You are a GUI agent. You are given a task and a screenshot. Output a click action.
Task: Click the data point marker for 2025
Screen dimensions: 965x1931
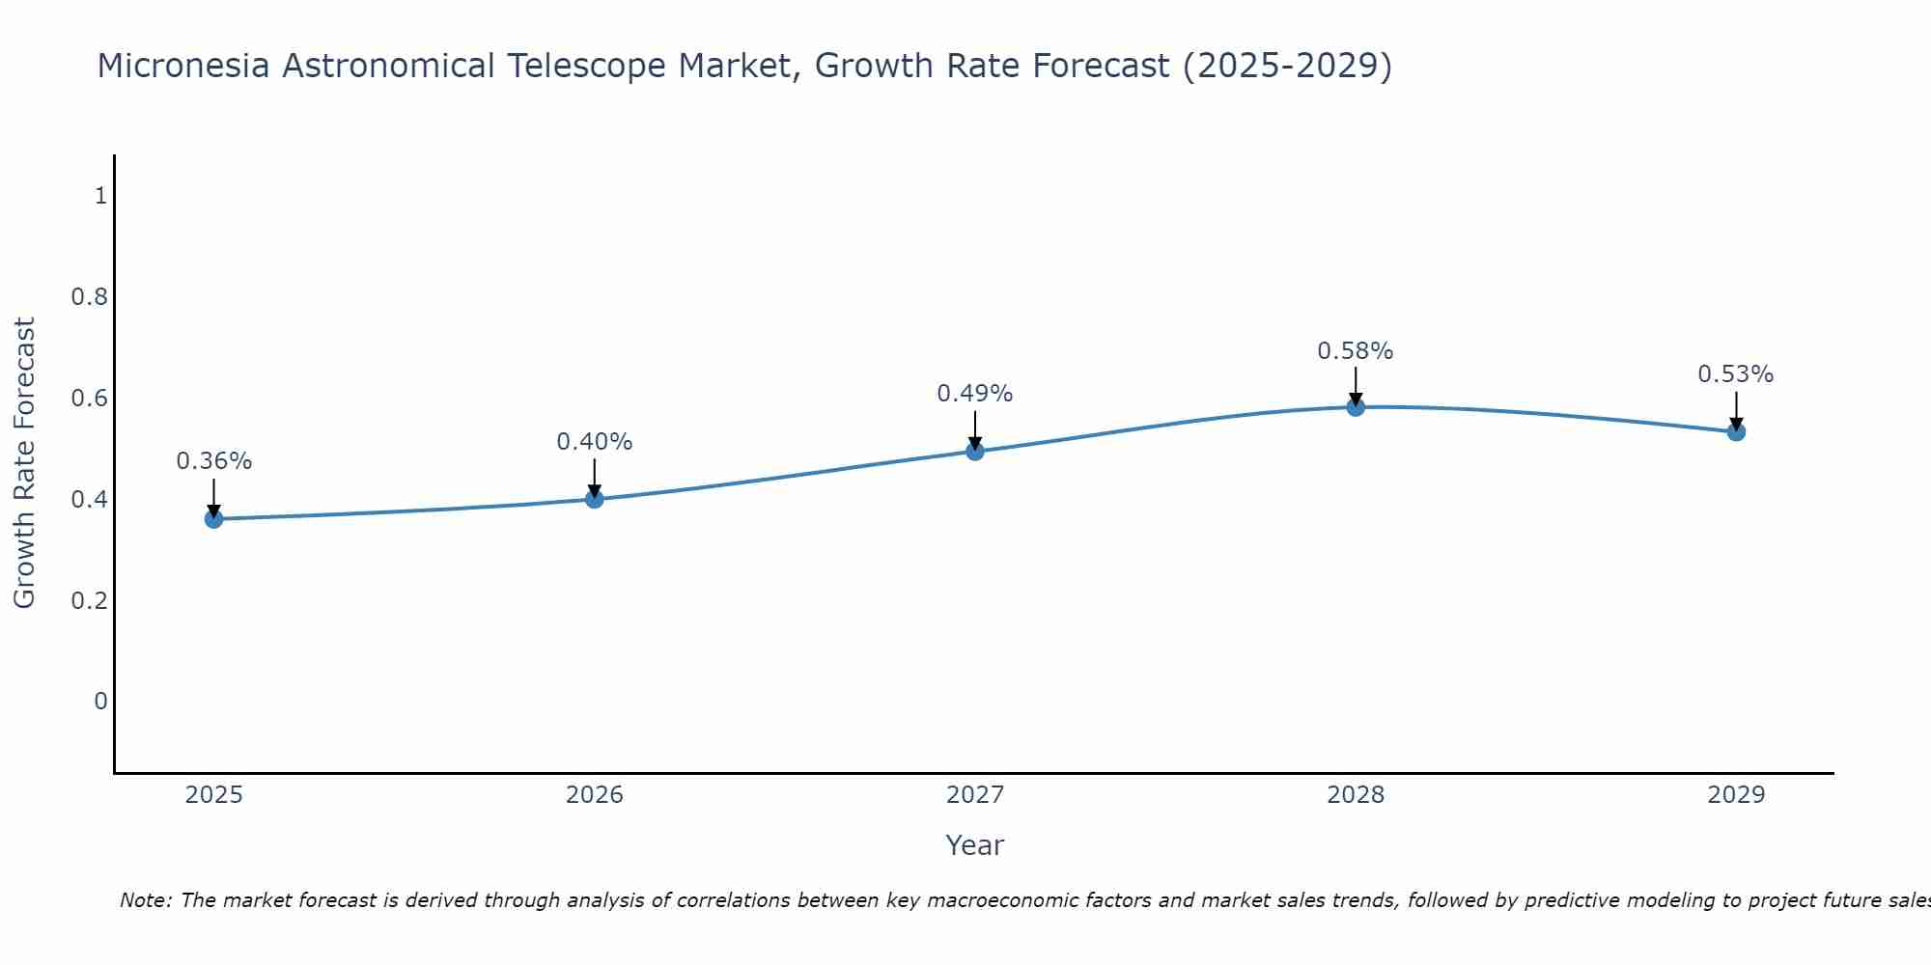click(x=214, y=519)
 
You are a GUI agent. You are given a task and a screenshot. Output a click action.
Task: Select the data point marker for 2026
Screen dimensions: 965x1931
click(x=595, y=499)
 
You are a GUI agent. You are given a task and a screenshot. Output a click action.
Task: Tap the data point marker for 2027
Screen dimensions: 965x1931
click(x=975, y=451)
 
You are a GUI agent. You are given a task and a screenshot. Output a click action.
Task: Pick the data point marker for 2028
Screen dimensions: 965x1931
click(x=1356, y=407)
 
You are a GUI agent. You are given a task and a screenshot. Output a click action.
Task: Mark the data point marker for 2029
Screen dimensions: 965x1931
click(x=1736, y=431)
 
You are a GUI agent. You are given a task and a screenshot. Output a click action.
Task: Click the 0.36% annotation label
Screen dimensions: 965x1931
click(x=214, y=461)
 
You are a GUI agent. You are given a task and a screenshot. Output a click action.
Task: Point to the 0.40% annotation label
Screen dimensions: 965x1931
click(x=595, y=442)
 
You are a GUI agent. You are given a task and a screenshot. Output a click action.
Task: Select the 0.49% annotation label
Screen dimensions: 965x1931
click(x=975, y=394)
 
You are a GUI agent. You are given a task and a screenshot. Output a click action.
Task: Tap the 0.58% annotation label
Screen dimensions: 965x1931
click(x=1356, y=351)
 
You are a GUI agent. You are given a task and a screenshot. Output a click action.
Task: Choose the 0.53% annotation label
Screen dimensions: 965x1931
click(x=1736, y=374)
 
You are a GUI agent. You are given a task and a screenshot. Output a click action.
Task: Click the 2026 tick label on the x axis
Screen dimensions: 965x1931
click(x=595, y=795)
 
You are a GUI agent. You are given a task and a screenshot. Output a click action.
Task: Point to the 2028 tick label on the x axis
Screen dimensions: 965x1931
click(x=1356, y=795)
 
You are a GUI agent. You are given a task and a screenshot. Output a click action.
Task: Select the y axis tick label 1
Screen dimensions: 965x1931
click(x=100, y=196)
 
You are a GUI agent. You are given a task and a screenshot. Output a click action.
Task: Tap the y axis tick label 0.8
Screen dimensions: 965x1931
click(x=90, y=296)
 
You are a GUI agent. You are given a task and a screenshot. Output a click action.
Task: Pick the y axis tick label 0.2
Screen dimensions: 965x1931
click(x=90, y=600)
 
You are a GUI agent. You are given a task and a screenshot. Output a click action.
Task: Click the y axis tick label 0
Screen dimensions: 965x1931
click(x=100, y=701)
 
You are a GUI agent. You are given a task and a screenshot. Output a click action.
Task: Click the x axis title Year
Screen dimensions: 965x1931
click(x=975, y=845)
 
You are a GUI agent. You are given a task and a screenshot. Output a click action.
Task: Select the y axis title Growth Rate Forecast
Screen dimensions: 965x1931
click(x=24, y=463)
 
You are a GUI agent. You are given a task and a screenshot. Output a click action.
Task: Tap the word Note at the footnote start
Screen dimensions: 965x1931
click(x=145, y=900)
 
